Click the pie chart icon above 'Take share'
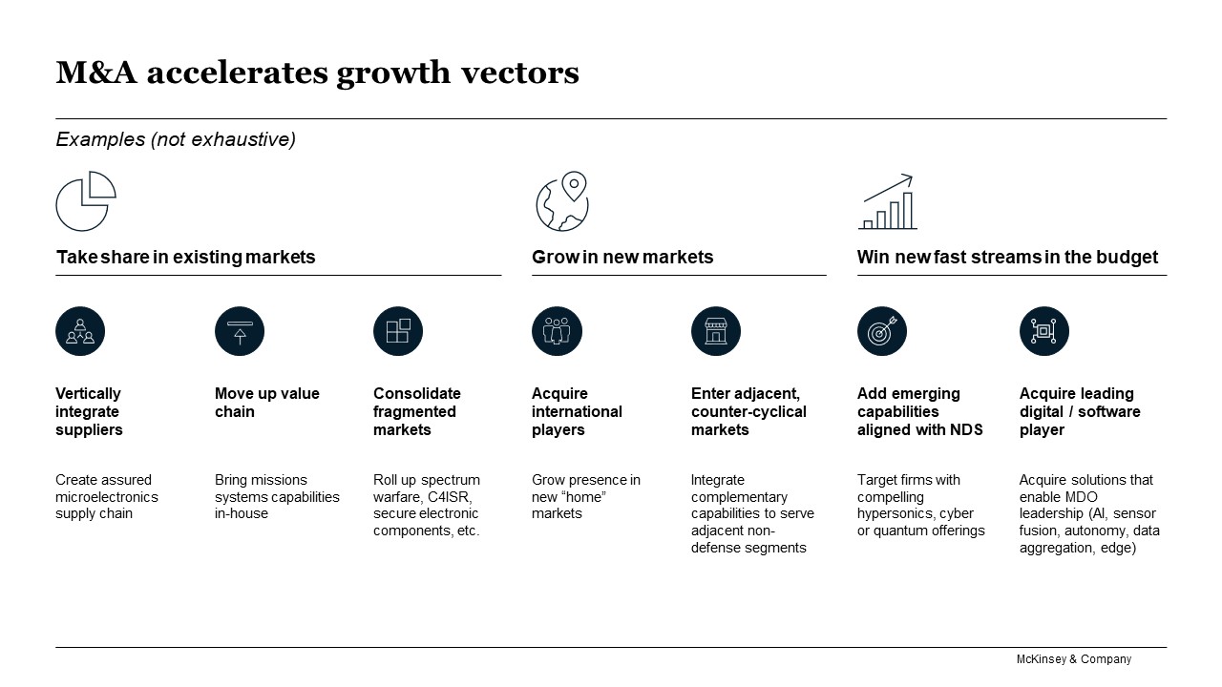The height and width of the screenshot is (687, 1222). tap(86, 201)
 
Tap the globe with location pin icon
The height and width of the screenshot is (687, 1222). tap(562, 201)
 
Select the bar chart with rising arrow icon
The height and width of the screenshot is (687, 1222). tap(888, 201)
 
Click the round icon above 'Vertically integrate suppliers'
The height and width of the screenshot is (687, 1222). tap(80, 331)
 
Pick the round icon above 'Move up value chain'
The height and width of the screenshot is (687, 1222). tap(240, 331)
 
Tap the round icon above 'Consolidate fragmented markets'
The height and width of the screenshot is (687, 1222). tap(398, 331)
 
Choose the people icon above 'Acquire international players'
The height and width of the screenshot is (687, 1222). tap(557, 331)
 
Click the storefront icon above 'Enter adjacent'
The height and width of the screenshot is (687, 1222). tap(716, 331)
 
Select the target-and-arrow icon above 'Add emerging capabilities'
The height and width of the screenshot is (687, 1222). tap(882, 331)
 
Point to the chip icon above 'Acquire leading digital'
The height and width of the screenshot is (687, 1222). tap(1044, 331)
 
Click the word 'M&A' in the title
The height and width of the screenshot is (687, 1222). tap(96, 73)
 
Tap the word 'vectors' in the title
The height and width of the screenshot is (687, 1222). tap(520, 73)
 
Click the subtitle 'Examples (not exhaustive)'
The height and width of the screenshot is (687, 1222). tap(176, 139)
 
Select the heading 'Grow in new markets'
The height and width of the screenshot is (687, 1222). tap(622, 257)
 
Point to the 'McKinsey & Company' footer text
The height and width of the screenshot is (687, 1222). tap(1074, 659)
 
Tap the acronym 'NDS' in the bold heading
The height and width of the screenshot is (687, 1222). tap(966, 429)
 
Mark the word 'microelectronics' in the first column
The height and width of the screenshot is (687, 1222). tap(107, 497)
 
